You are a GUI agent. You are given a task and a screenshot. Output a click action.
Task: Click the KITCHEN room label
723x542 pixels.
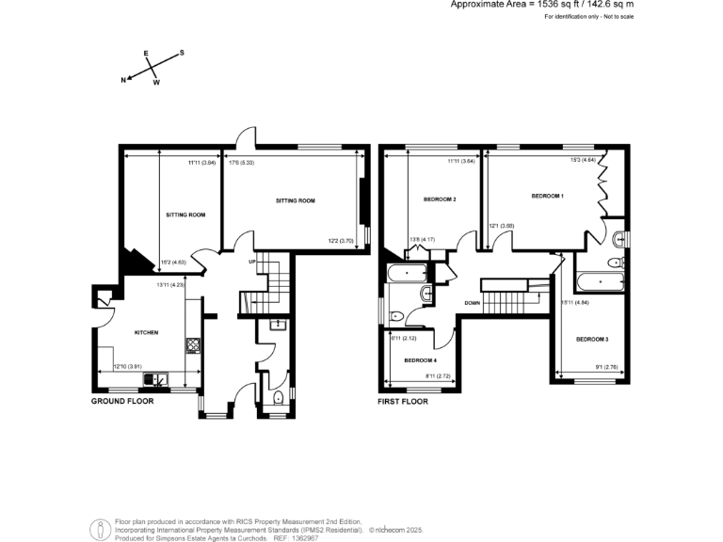tap(145, 332)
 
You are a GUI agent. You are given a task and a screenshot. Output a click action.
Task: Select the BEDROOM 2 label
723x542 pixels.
tap(440, 199)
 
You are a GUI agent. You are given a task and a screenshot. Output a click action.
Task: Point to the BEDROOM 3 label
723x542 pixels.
tap(592, 339)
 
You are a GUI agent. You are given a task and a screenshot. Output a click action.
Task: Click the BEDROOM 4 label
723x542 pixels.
tap(420, 360)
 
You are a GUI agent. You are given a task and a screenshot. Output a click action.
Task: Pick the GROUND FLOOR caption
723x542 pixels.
tap(121, 401)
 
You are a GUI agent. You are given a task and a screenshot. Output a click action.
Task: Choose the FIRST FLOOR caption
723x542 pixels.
tap(403, 401)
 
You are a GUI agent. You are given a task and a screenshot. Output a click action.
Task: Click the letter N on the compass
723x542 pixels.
tap(123, 80)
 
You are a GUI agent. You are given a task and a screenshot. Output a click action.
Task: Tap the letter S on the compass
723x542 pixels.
tap(182, 53)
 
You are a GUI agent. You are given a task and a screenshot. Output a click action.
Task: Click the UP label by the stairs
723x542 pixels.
tap(252, 261)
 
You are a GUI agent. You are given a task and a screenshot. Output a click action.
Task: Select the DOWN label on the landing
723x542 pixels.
tap(473, 303)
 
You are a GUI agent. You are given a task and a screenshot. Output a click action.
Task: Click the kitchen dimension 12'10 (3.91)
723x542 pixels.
tap(127, 366)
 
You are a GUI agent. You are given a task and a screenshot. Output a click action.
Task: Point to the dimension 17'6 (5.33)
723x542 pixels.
tap(242, 163)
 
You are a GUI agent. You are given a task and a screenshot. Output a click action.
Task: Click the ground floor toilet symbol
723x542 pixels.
tap(275, 400)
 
